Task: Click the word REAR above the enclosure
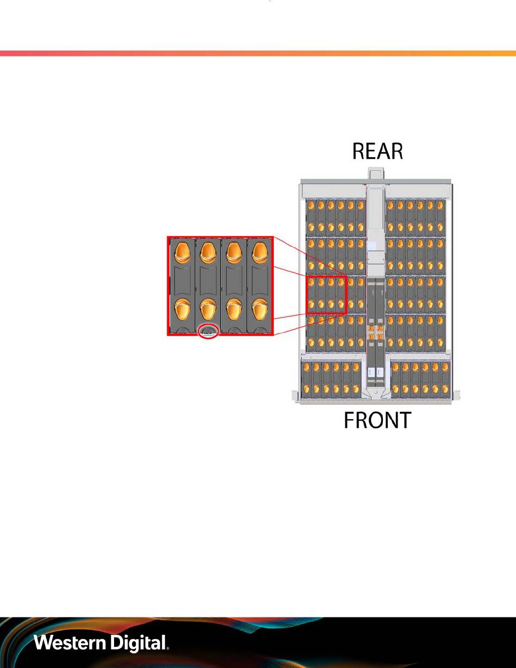(x=377, y=152)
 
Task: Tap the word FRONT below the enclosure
(x=377, y=420)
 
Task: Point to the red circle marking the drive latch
(x=209, y=331)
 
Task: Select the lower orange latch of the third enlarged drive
(x=234, y=309)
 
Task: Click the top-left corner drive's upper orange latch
(x=311, y=205)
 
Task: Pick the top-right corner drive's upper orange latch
(x=440, y=205)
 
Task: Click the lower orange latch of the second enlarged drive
(x=208, y=309)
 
